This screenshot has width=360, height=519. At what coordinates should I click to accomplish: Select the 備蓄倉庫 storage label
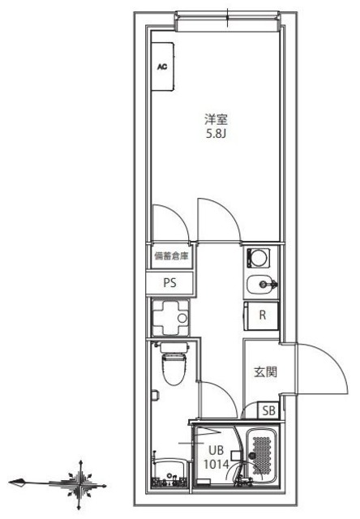click(x=171, y=257)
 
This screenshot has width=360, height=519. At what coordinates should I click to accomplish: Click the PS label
click(x=169, y=283)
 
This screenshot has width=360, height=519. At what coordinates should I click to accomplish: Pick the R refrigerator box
click(x=262, y=315)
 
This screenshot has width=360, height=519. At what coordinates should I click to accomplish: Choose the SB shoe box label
click(x=268, y=412)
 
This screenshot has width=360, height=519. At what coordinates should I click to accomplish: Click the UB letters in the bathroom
click(x=216, y=451)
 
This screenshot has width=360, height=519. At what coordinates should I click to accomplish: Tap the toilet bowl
click(x=172, y=371)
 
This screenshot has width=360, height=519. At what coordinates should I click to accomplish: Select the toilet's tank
click(x=172, y=348)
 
